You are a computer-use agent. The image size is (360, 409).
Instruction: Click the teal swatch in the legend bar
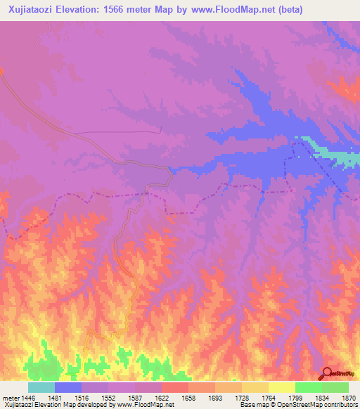(x=41, y=387)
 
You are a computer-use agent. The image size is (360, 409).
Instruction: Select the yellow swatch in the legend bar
(x=282, y=387)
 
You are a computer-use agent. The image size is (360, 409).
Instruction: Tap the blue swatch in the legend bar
(x=68, y=387)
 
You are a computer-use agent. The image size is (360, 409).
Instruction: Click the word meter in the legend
(x=11, y=397)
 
